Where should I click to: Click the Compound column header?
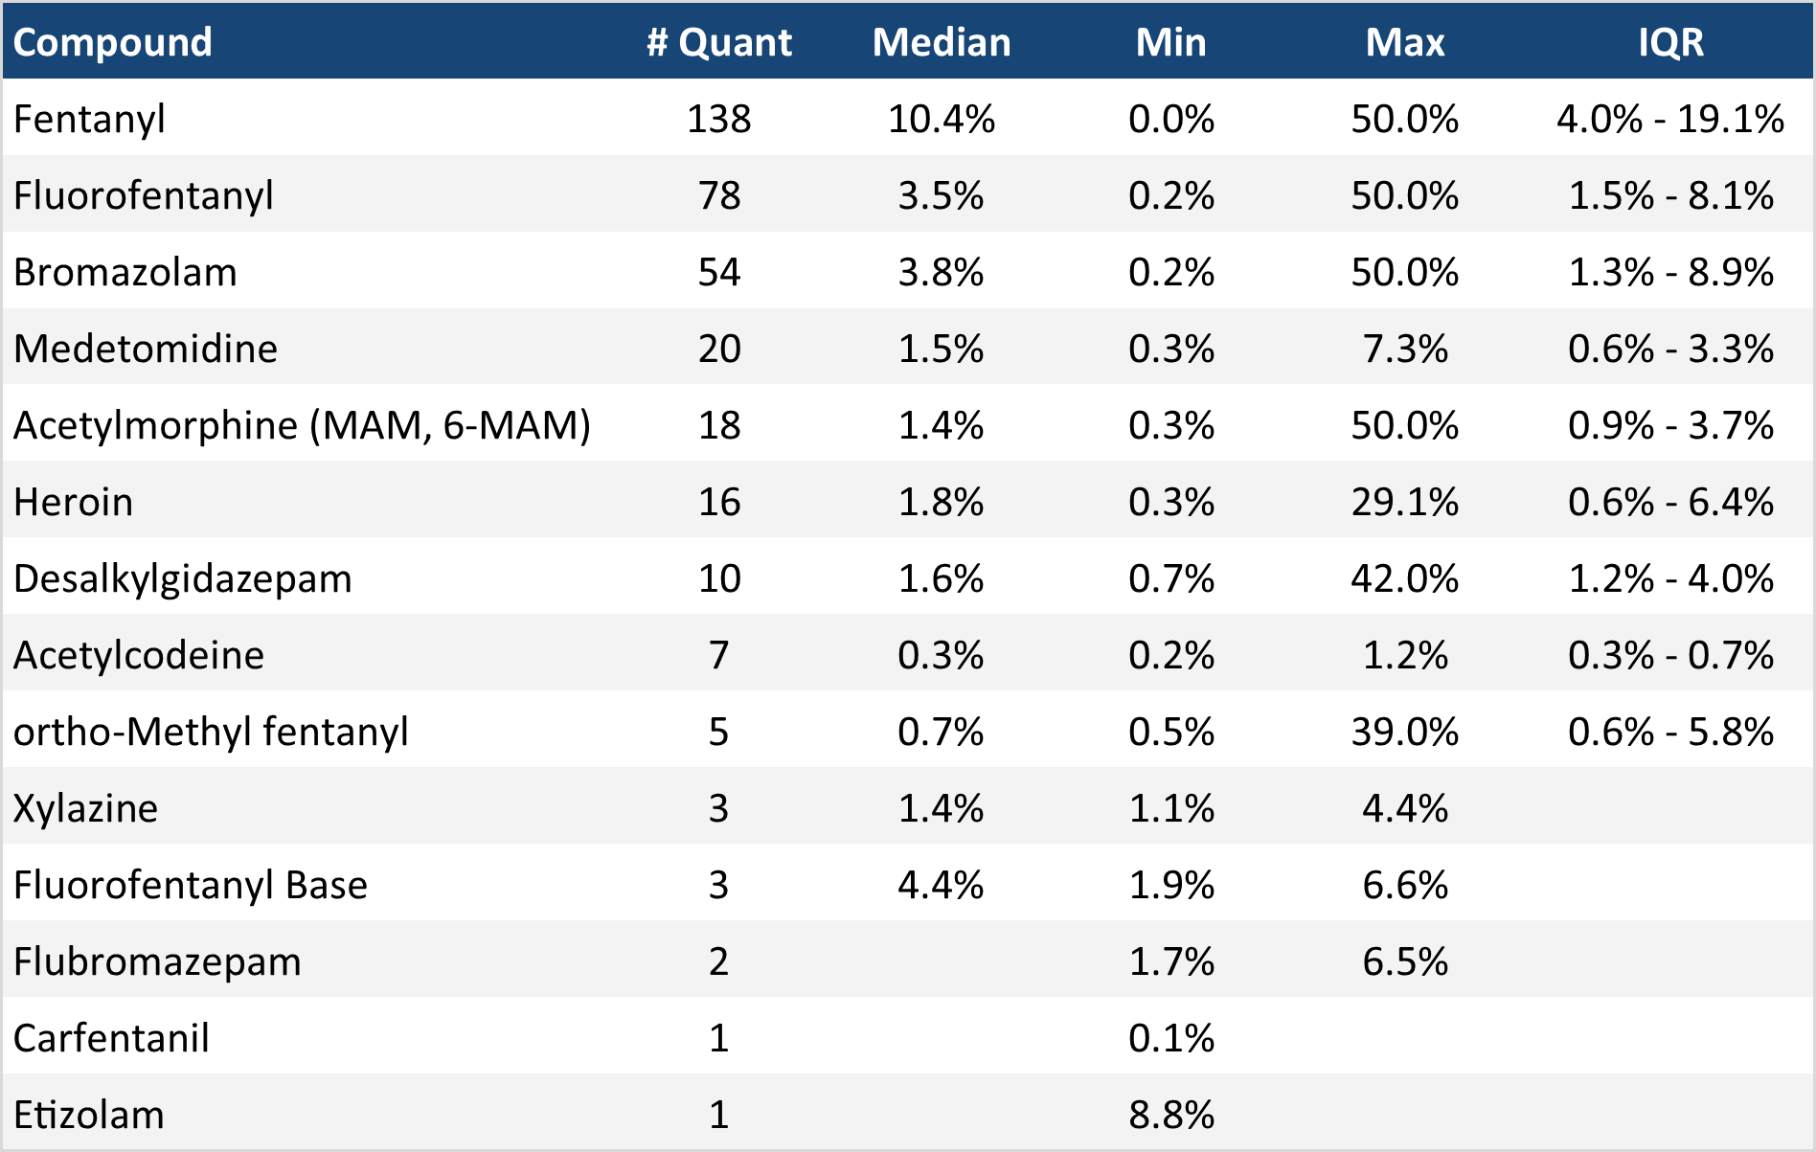click(112, 42)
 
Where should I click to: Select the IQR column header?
click(1670, 42)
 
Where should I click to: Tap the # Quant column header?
click(718, 42)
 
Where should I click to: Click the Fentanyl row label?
click(89, 119)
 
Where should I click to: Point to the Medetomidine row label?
click(145, 349)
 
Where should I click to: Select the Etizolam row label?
click(88, 1115)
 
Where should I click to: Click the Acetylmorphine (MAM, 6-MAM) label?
click(302, 425)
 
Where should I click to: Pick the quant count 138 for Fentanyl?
click(718, 119)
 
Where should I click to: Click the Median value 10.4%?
click(941, 119)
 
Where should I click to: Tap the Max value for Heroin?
click(1404, 502)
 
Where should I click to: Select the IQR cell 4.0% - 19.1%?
click(1670, 119)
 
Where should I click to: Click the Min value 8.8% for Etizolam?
click(1170, 1115)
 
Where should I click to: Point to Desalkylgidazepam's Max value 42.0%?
click(1404, 578)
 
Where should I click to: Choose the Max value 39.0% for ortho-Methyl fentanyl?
click(1404, 732)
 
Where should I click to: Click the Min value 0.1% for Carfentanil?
click(1170, 1038)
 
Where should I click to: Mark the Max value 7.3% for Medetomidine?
click(1404, 349)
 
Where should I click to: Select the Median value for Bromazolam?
click(941, 272)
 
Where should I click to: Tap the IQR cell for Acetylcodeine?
click(1670, 655)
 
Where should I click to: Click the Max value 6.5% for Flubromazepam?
click(1404, 961)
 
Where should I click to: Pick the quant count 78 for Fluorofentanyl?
click(718, 195)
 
